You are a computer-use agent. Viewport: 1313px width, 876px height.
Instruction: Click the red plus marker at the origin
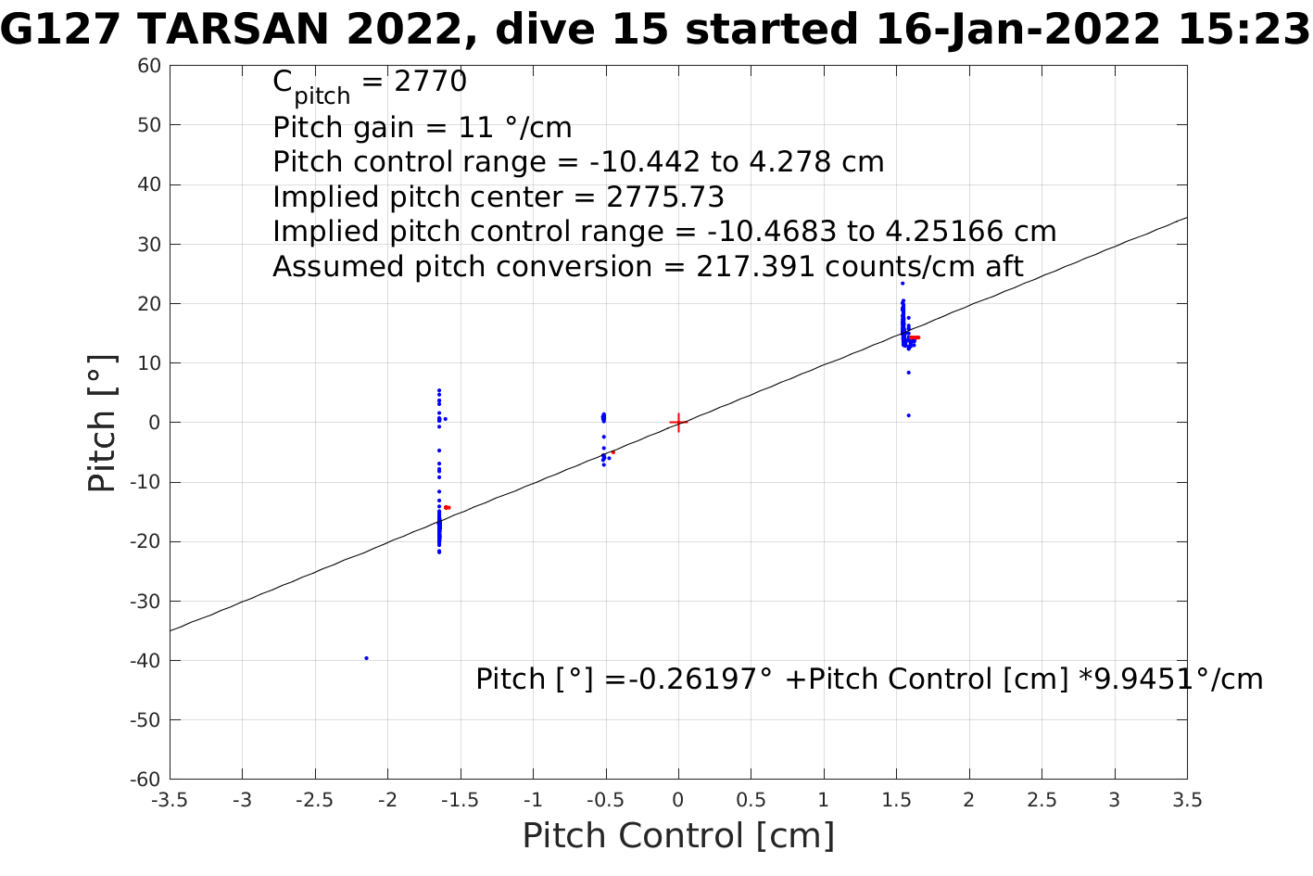pos(678,423)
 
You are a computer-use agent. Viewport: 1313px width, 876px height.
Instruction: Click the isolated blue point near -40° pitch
pos(366,658)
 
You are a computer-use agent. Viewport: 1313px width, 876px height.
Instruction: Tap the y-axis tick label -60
pos(147,780)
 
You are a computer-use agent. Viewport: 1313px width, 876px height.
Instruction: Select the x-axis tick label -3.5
pos(170,800)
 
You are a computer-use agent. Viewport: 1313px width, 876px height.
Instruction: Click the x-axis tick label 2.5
pos(1042,800)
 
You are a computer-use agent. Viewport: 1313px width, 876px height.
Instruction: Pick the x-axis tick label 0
pos(678,800)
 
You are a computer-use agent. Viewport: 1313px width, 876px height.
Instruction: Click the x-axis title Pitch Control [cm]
pos(678,836)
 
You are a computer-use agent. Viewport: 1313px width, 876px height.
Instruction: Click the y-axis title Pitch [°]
pos(103,423)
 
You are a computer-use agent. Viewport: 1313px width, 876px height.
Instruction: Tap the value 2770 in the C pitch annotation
pos(431,83)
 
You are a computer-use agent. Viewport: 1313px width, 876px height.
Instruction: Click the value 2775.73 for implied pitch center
pos(664,197)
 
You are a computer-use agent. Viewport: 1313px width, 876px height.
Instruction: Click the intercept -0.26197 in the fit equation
pos(696,679)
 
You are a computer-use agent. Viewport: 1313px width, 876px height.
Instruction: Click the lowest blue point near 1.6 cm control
pos(908,415)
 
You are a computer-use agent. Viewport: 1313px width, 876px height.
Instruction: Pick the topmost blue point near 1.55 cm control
pos(902,284)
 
